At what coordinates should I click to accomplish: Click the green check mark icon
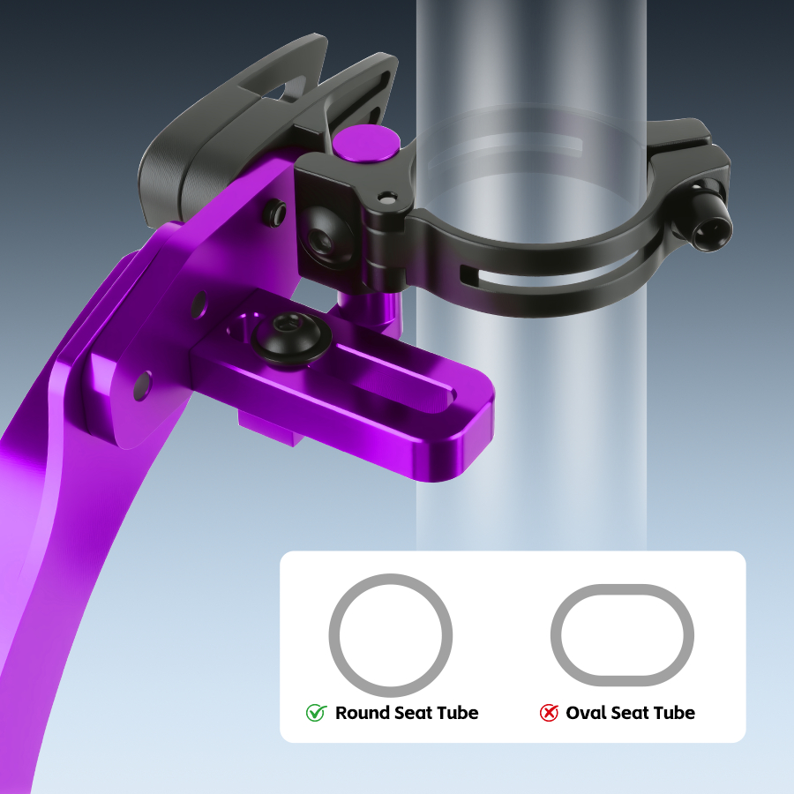pos(316,713)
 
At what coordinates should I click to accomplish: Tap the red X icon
pos(549,713)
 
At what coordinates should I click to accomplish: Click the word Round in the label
pos(363,713)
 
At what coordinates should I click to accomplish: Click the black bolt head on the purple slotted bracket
pos(291,338)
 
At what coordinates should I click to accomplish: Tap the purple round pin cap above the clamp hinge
pos(365,143)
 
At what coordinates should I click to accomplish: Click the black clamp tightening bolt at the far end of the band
pos(710,221)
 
